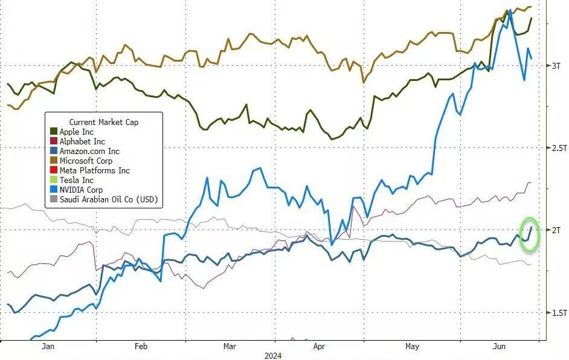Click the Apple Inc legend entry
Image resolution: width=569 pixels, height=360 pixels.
pos(76,132)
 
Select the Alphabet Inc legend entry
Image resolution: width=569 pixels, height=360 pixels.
pos(82,141)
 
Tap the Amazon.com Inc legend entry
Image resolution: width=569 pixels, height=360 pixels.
pos(89,151)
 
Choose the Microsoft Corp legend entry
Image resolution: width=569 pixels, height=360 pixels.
pos(86,161)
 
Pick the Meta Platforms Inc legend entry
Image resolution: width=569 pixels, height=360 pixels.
pos(94,170)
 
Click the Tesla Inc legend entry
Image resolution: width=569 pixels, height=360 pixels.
pos(76,180)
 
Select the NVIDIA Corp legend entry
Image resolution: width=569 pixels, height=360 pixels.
pos(81,190)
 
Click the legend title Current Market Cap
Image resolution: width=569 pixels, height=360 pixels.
pos(103,122)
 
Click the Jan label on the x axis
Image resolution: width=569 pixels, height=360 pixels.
pos(48,347)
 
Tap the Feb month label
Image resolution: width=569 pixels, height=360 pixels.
pos(141,347)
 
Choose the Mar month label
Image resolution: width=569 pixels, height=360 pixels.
pos(230,347)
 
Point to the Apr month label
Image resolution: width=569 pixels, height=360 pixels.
pos(320,347)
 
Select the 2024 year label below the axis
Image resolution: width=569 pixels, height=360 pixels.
pos(273,356)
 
